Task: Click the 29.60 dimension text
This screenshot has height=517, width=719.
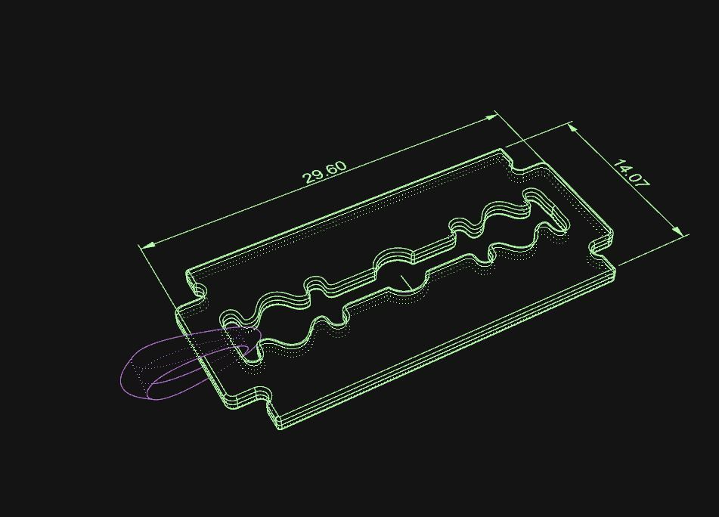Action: coord(325,172)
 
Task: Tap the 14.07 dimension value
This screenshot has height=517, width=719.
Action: coord(631,174)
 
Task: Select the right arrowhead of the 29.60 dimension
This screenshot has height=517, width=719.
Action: coord(493,116)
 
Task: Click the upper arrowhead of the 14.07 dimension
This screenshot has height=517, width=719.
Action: coord(573,128)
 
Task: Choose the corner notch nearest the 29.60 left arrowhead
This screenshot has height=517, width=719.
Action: coord(198,291)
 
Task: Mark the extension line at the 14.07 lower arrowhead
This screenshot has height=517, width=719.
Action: coord(650,249)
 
